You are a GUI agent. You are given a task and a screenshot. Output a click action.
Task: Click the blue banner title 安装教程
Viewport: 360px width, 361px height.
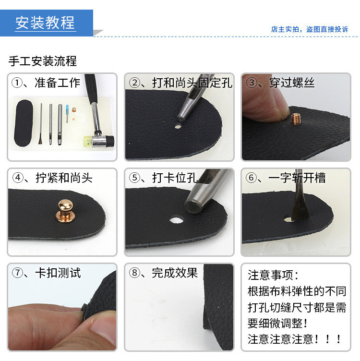click(x=46, y=23)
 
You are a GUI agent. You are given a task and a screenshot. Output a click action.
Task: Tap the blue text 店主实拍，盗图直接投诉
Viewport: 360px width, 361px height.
click(x=309, y=29)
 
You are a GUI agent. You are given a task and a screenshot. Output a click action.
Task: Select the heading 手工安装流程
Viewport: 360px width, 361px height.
click(x=43, y=61)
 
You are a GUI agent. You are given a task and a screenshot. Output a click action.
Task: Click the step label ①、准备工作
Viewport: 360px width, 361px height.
click(x=46, y=83)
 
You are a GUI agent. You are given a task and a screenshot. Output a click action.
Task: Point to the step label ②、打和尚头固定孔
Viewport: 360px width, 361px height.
click(x=180, y=83)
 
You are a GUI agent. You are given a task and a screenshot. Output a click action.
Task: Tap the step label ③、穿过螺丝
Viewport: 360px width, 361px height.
click(x=280, y=83)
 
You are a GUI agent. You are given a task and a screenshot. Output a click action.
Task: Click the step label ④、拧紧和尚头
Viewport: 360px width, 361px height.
click(x=52, y=178)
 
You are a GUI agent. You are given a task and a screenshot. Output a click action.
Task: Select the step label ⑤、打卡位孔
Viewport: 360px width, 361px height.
click(x=163, y=178)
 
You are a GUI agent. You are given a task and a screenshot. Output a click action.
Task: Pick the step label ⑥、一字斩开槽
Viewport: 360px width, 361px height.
click(x=286, y=178)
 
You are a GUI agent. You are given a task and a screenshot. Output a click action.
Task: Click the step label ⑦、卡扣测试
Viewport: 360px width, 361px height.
click(x=47, y=273)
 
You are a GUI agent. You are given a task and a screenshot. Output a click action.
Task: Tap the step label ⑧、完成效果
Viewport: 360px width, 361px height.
click(x=163, y=273)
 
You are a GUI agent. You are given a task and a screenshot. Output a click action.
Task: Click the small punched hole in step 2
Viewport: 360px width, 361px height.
click(x=178, y=127)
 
